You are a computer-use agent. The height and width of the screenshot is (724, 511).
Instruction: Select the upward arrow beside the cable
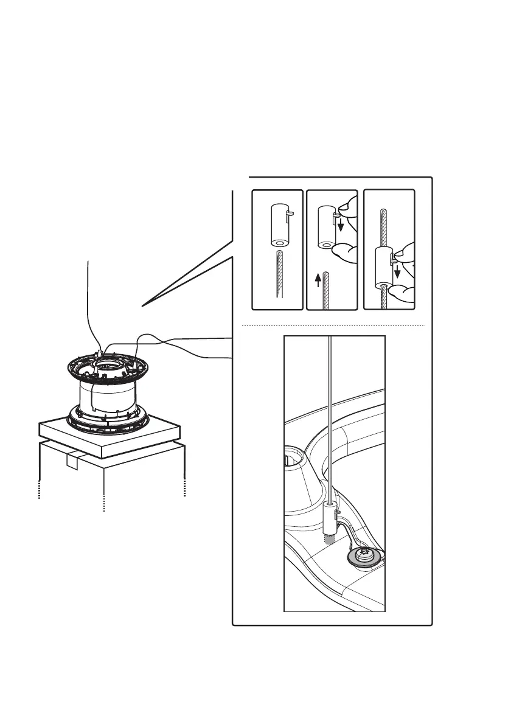318,280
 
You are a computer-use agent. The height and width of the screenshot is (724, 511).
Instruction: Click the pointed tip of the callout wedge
144,305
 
